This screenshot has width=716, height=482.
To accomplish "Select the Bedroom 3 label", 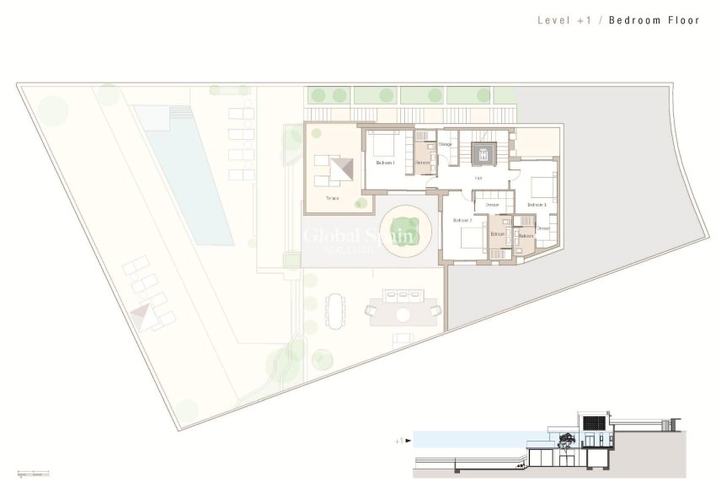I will tap(537, 205).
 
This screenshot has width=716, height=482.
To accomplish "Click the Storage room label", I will tap(445, 145).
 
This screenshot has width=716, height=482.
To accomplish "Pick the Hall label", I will tap(478, 178).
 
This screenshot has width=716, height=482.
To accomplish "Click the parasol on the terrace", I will tap(340, 169).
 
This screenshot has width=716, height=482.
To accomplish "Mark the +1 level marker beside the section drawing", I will tap(403, 440).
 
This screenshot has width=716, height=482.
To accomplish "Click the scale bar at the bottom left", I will tap(32, 470).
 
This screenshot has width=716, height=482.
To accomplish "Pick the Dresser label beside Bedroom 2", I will tap(492, 205).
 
